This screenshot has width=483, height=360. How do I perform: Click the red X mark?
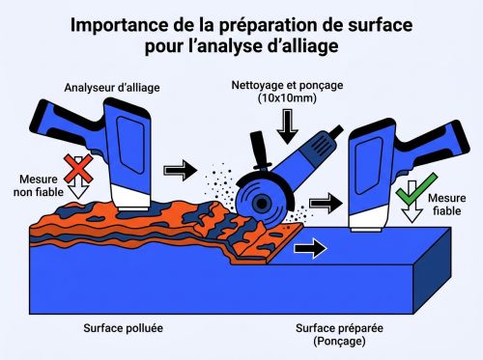pyautogui.click(x=78, y=169)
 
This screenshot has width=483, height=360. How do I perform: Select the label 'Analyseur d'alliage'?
pyautogui.click(x=112, y=88)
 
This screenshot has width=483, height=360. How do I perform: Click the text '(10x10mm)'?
pyautogui.click(x=287, y=98)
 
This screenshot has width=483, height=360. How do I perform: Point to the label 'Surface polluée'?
pyautogui.click(x=123, y=328)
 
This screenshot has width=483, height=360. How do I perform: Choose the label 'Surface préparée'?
pyautogui.click(x=339, y=328)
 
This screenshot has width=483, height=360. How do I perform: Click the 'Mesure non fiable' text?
pyautogui.click(x=39, y=185)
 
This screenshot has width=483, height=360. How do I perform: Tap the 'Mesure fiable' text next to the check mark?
pyautogui.click(x=446, y=205)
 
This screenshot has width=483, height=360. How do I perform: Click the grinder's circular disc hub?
pyautogui.click(x=262, y=203)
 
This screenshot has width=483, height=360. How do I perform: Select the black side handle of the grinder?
pyautogui.click(x=260, y=151)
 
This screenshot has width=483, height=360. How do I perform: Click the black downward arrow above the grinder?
pyautogui.click(x=287, y=126)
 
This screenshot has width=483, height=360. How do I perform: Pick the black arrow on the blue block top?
pyautogui.click(x=311, y=248)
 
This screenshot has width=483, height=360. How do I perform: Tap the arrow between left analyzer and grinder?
pyautogui.click(x=181, y=170)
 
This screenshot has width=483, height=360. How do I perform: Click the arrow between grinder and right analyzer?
pyautogui.click(x=326, y=203)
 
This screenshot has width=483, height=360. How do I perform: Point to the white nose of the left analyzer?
pyautogui.click(x=131, y=198)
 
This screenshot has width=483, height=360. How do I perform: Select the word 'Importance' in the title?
pyautogui.click(x=119, y=26)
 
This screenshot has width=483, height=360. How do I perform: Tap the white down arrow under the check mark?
pyautogui.click(x=412, y=202)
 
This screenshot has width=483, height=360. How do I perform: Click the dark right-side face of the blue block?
pyautogui.click(x=432, y=270)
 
